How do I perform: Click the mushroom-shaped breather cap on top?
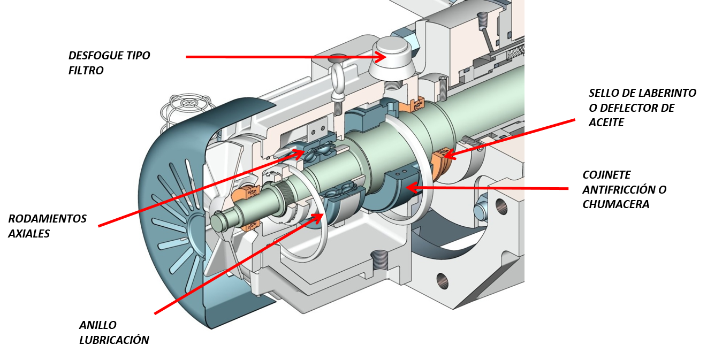pyautogui.click(x=393, y=53)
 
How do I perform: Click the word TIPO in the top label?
pyautogui.click(x=138, y=56)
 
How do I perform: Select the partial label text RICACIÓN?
pyautogui.click(x=125, y=340)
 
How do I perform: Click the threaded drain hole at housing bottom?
pyautogui.click(x=379, y=260)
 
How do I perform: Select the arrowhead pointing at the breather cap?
pyautogui.click(x=379, y=57)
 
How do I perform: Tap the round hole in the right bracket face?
pyautogui.click(x=501, y=206)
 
